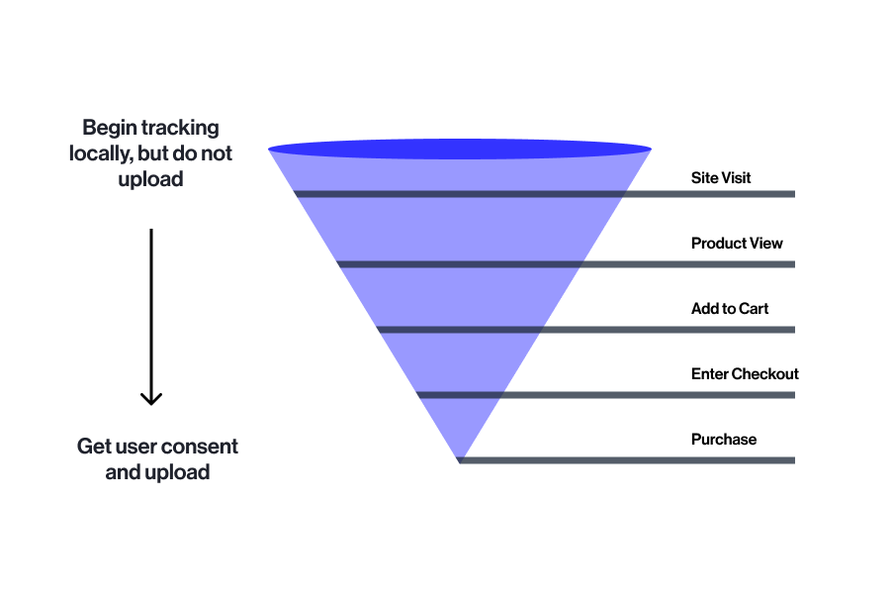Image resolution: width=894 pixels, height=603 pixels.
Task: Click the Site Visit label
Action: point(721,177)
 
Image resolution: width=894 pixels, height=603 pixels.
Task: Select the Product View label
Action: point(737,244)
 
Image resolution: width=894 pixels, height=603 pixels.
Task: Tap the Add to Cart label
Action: point(730,308)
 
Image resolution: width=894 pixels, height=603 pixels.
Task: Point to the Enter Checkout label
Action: point(745,374)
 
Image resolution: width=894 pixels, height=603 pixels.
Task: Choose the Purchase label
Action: point(724,439)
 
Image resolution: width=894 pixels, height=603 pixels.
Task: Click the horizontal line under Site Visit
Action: point(545,194)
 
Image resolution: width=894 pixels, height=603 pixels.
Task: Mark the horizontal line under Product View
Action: point(566,264)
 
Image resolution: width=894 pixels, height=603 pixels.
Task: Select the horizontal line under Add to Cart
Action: point(586,330)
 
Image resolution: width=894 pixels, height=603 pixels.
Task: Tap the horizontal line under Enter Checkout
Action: point(606,395)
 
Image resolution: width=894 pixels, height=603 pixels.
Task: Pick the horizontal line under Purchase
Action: point(626,460)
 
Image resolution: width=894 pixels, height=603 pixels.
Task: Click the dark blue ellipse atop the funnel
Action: point(460,150)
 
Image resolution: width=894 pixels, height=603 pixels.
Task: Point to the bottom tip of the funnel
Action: point(460,462)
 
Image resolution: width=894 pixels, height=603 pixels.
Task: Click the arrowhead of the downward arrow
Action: point(151,399)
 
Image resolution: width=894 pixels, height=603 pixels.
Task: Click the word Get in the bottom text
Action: point(94,447)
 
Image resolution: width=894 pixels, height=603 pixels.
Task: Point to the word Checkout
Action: point(765,374)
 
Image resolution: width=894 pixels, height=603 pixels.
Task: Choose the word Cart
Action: point(754,308)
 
